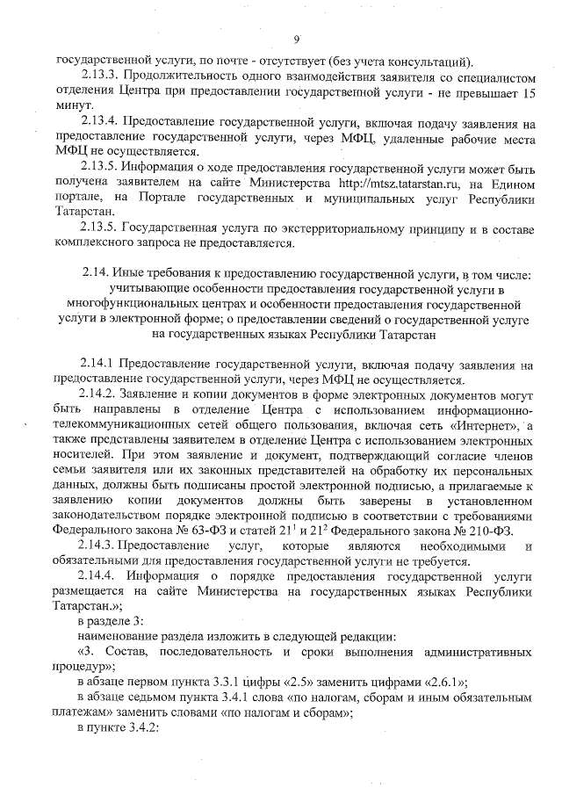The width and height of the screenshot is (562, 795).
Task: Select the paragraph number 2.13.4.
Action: point(98,121)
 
